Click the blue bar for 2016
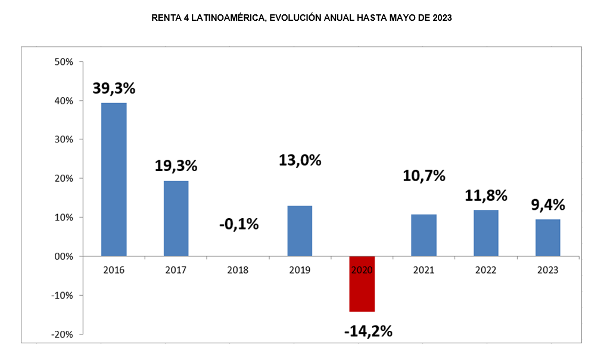(114, 179)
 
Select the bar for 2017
(176, 218)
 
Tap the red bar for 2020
(362, 284)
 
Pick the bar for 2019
(300, 231)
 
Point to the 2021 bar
(424, 235)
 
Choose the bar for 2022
(485, 233)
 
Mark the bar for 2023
(547, 238)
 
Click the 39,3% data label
(114, 88)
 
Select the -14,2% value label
(368, 331)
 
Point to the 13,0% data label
(300, 160)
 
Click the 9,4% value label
(547, 205)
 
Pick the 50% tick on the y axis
(63, 62)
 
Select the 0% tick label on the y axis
(66, 256)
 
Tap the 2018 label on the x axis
(238, 270)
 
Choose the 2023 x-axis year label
(547, 270)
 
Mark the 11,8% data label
(485, 195)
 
